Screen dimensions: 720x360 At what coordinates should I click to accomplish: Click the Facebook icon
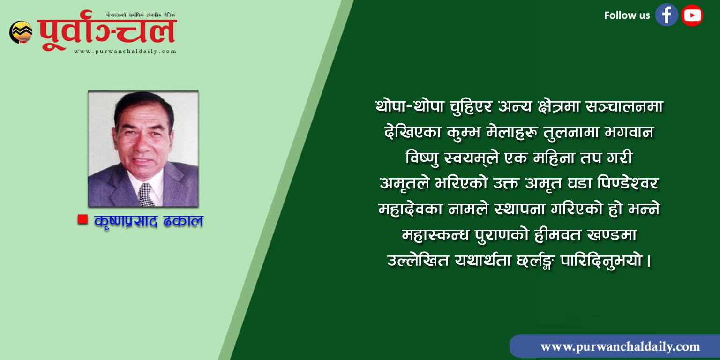click(666, 15)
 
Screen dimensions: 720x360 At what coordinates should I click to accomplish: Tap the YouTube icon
click(692, 15)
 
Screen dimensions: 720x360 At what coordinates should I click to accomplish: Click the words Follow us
click(627, 15)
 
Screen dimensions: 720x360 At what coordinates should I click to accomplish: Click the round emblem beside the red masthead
click(21, 32)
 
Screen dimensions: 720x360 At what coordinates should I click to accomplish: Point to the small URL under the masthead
click(125, 52)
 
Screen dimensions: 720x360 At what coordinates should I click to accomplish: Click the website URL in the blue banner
click(620, 347)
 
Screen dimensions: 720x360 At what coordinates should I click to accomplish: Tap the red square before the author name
click(82, 219)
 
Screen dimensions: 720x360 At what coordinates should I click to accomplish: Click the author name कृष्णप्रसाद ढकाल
click(149, 221)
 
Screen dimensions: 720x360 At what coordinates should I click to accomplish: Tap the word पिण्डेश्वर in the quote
click(628, 183)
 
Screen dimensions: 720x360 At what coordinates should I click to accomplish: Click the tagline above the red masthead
click(141, 15)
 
